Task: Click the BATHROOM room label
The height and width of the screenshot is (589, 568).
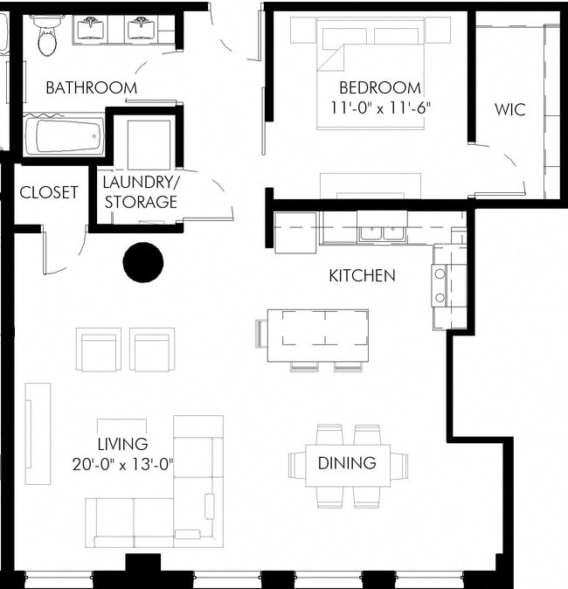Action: click(x=91, y=87)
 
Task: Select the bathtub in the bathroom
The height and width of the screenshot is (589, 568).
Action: click(x=64, y=136)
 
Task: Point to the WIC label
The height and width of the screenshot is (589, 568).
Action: click(x=509, y=110)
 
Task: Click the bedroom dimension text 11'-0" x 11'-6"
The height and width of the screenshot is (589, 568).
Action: click(x=380, y=108)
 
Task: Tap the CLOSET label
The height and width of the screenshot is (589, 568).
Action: click(x=49, y=192)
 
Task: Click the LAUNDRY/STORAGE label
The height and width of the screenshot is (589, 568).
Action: click(x=140, y=192)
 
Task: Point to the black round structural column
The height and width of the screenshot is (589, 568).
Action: click(x=143, y=262)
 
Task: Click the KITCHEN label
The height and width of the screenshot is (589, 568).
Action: click(x=362, y=275)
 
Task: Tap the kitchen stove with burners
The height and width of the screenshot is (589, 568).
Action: click(x=440, y=286)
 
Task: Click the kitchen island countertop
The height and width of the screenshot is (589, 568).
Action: click(x=317, y=335)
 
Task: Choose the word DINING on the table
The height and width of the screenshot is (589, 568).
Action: click(x=347, y=463)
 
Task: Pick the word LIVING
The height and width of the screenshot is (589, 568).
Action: click(x=122, y=444)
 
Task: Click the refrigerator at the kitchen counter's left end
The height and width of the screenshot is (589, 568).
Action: click(x=295, y=232)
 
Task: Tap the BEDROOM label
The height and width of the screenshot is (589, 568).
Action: click(x=380, y=88)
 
